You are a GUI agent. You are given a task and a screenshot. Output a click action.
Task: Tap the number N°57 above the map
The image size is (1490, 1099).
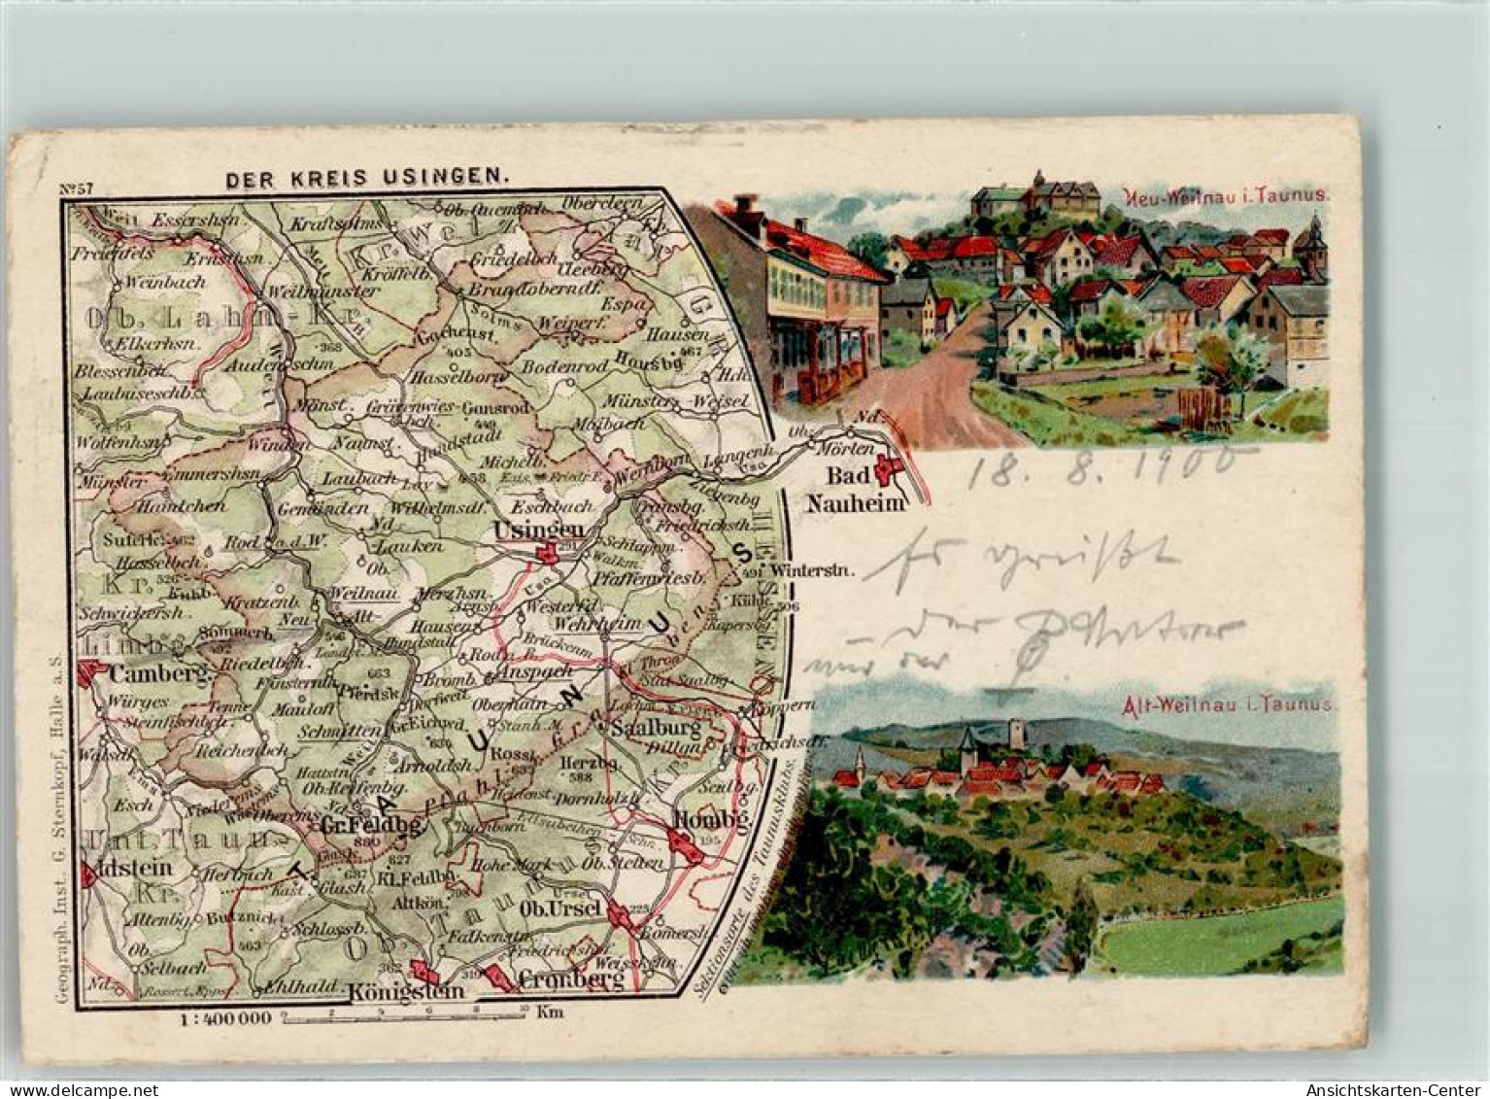tap(77, 189)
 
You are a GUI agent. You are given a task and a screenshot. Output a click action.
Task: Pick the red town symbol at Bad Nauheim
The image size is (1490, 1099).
tap(887, 472)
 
